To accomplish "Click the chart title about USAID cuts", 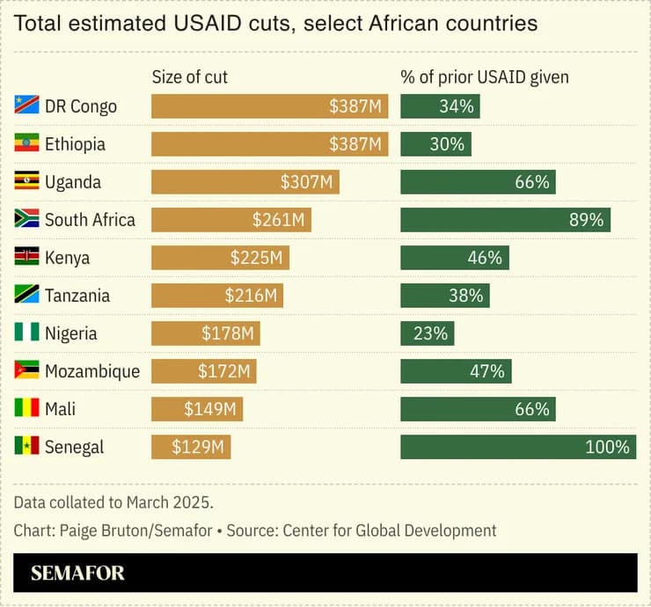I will tap(275, 24).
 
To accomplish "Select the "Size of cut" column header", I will tap(190, 77).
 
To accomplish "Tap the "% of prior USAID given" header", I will tap(485, 77).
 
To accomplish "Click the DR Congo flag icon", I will tap(26, 106).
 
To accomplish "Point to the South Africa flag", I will tap(26, 219).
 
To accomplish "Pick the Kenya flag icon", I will tap(26, 257).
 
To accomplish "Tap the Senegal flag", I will tap(26, 446).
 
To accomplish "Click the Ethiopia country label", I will tap(75, 144).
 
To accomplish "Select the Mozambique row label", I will tap(91, 370).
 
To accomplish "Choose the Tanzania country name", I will tap(77, 296).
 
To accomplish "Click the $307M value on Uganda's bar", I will tap(306, 182).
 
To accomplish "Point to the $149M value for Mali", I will tap(209, 408).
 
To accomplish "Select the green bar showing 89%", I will tap(505, 220).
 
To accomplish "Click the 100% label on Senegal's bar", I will tap(607, 446).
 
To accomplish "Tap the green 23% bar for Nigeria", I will tap(428, 333).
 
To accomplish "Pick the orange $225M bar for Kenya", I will tap(220, 258).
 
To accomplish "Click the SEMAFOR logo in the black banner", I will tap(77, 574).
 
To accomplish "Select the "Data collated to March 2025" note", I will tap(113, 502).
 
